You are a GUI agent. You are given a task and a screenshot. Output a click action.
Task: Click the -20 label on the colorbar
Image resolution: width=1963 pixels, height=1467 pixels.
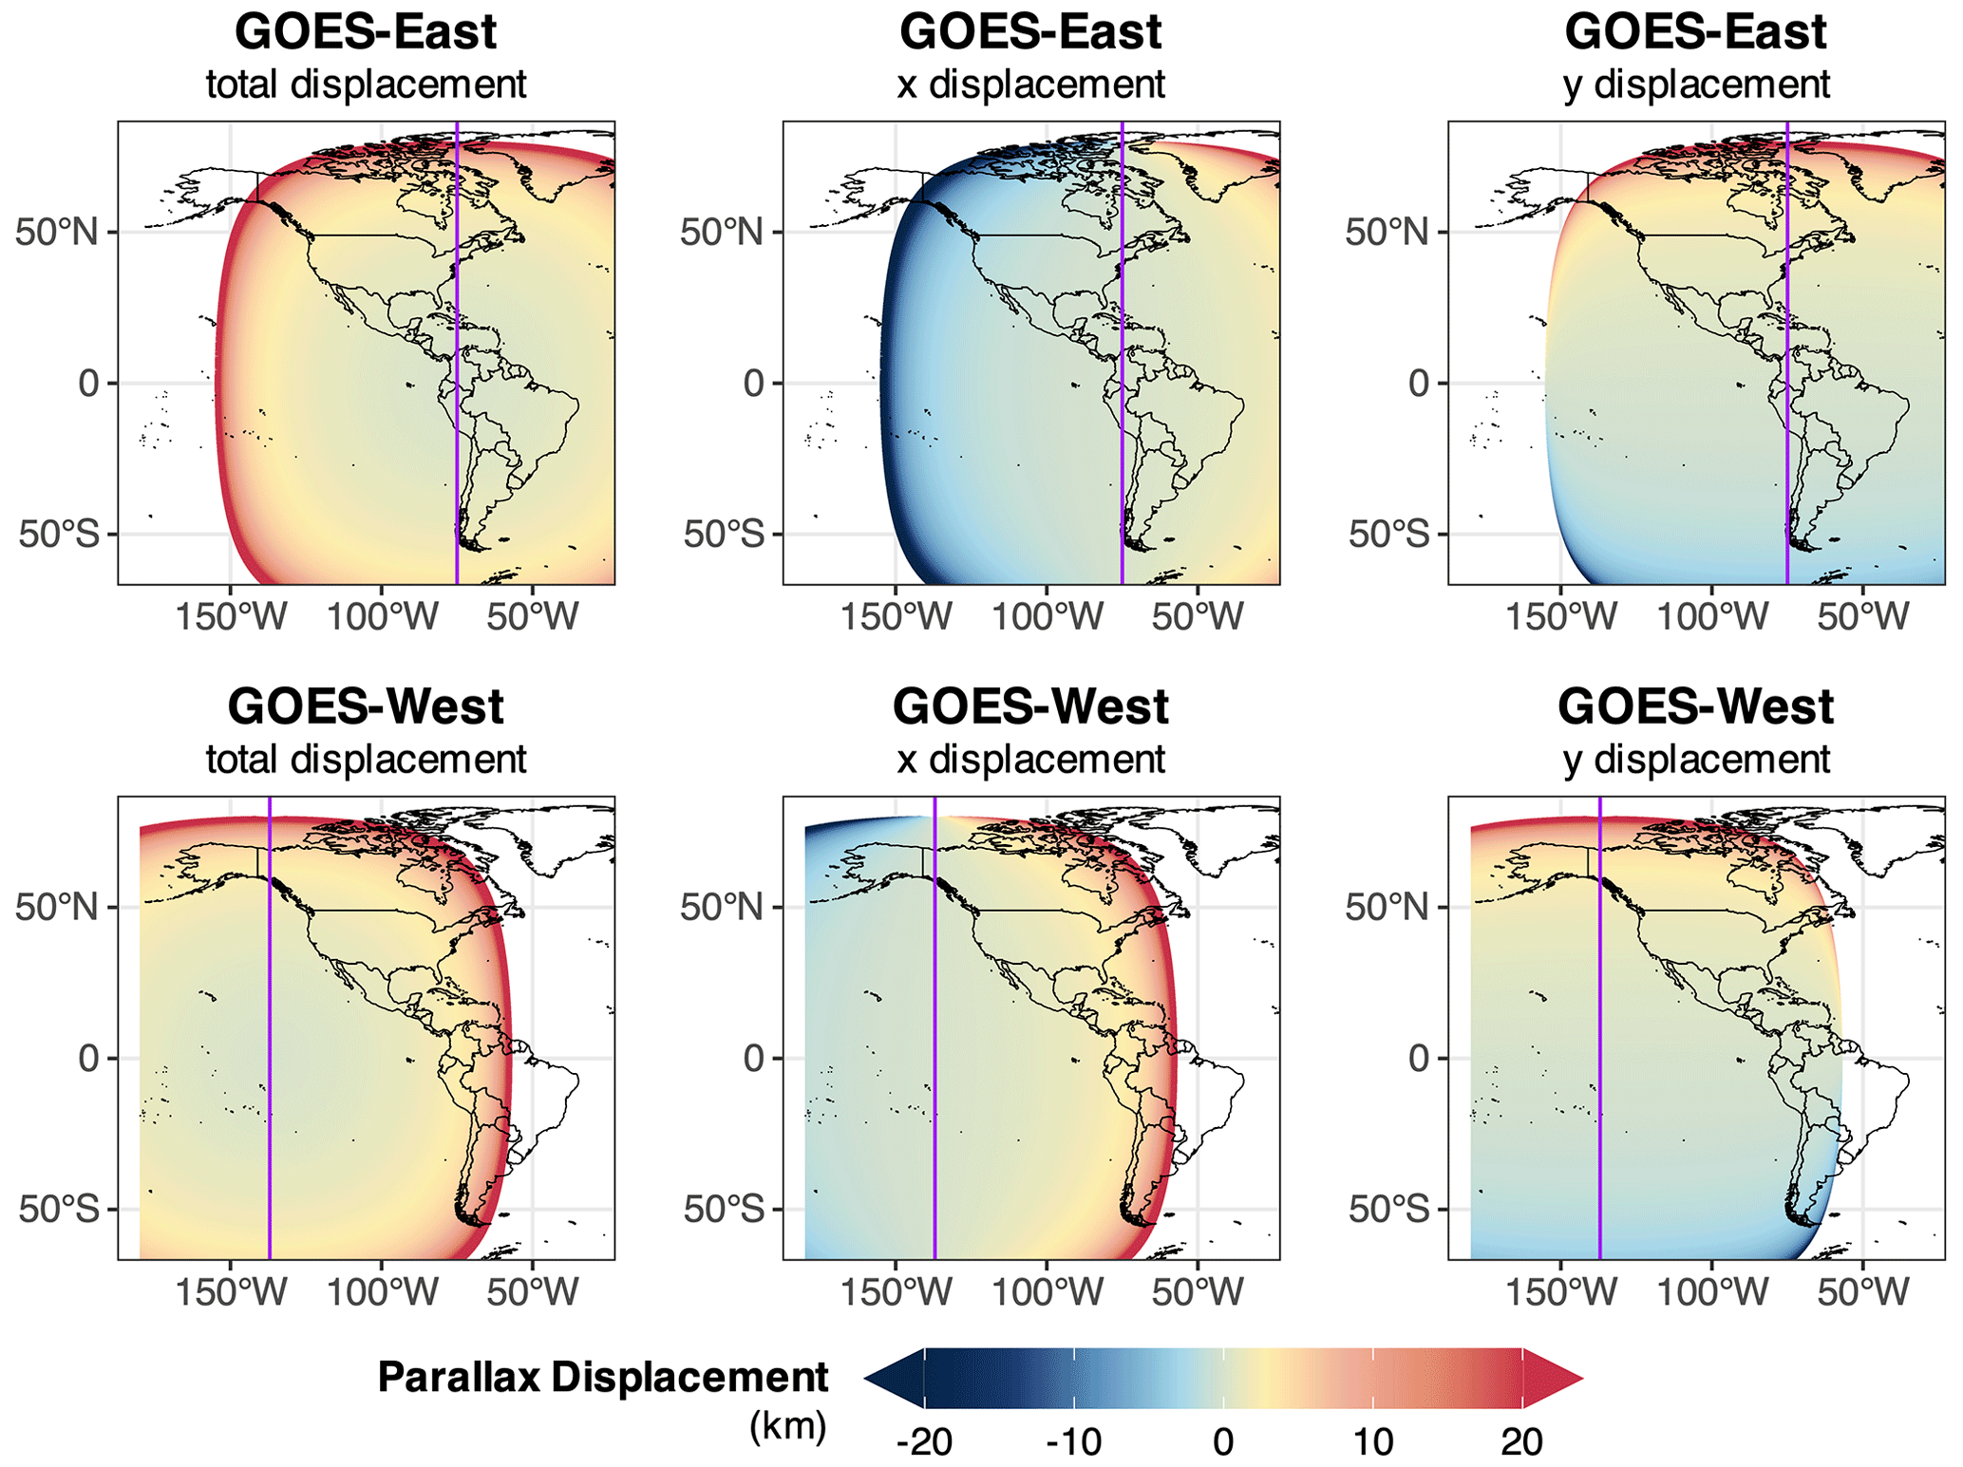923,1441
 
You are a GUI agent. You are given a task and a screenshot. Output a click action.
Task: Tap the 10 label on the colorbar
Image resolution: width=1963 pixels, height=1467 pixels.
1372,1441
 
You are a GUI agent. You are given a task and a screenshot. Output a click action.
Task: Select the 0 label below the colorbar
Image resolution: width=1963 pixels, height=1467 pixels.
1223,1441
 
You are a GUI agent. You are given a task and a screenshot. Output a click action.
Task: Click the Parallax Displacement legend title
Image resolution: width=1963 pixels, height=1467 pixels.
603,1376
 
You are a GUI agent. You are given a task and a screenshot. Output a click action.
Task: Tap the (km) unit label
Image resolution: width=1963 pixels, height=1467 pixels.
787,1425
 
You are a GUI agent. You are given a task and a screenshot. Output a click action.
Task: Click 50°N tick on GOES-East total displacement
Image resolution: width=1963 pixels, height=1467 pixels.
58,232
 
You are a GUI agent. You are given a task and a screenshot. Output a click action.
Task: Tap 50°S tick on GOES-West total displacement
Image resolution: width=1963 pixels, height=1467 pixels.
58,1209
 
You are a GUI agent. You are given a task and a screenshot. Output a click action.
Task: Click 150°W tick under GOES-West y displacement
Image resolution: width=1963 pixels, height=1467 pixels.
1560,1292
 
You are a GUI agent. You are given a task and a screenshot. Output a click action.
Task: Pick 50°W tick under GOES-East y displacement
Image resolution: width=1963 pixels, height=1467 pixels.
1862,617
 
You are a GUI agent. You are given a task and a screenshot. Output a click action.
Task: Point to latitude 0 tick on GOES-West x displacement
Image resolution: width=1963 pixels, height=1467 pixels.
754,1058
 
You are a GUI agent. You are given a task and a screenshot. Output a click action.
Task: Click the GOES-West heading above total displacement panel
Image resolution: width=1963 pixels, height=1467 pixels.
366,706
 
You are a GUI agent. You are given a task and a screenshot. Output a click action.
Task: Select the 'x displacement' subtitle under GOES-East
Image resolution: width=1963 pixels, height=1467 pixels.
1030,85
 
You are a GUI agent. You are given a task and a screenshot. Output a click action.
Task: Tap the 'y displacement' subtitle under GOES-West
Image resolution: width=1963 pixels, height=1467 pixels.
1696,760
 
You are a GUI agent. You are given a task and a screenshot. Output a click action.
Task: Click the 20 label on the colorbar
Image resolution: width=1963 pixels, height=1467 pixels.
1521,1441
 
